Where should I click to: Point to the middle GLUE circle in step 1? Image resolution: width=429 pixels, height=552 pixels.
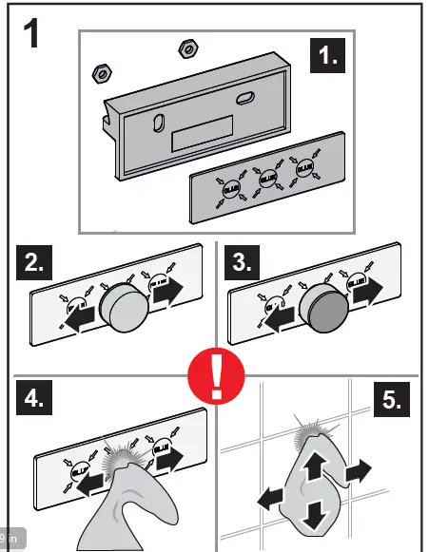coord(268,178)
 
